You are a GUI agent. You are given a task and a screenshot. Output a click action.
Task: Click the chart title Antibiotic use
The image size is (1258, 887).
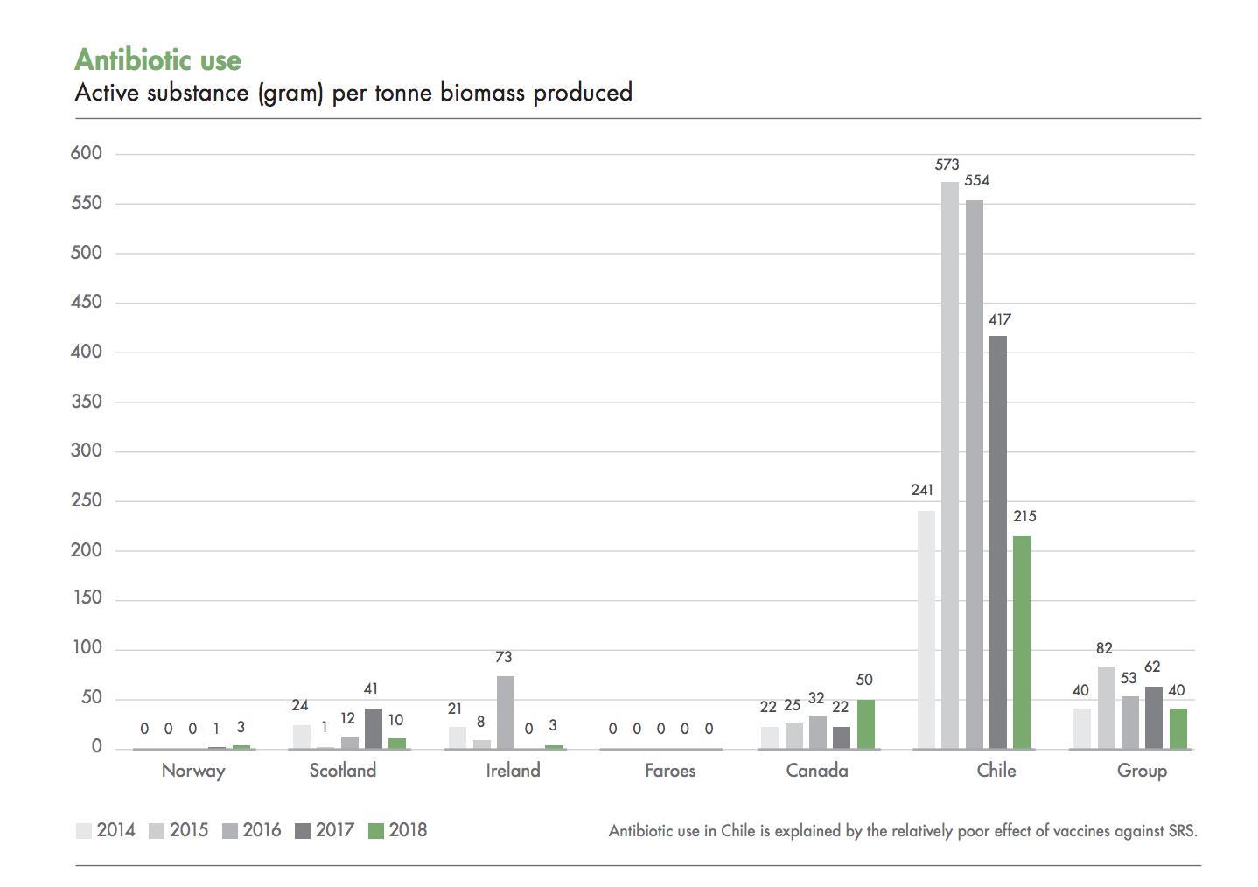[x=157, y=59]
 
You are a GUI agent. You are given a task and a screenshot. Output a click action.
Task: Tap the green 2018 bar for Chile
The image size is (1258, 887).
[x=1021, y=642]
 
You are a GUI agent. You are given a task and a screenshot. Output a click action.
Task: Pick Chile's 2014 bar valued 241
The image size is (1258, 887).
[x=926, y=629]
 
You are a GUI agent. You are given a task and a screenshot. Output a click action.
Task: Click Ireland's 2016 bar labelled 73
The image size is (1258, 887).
[x=506, y=712]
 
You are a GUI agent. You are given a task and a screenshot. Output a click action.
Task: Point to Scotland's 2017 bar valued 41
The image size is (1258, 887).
[x=374, y=728]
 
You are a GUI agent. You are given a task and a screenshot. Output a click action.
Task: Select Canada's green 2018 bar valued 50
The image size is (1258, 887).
[x=865, y=723]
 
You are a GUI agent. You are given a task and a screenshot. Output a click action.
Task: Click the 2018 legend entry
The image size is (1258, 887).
[x=398, y=830]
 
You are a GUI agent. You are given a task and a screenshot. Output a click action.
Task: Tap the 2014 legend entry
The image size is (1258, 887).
[x=106, y=830]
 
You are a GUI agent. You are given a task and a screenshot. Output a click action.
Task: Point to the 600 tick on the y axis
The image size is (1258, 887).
[x=87, y=153]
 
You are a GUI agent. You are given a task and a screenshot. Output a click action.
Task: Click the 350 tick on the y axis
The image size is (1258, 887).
[x=87, y=402]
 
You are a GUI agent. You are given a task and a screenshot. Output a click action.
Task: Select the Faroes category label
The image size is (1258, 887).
[x=670, y=771]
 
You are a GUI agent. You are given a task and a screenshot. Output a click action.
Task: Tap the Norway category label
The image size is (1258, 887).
[x=193, y=771]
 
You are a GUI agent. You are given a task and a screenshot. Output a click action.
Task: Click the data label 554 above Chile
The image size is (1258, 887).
[x=976, y=181]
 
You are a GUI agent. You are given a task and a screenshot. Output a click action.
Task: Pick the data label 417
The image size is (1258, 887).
[x=1000, y=320]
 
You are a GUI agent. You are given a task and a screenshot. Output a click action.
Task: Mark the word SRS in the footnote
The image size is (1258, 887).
[x=1182, y=831]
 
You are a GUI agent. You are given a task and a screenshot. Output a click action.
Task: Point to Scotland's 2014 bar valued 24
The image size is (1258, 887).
[x=301, y=736]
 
